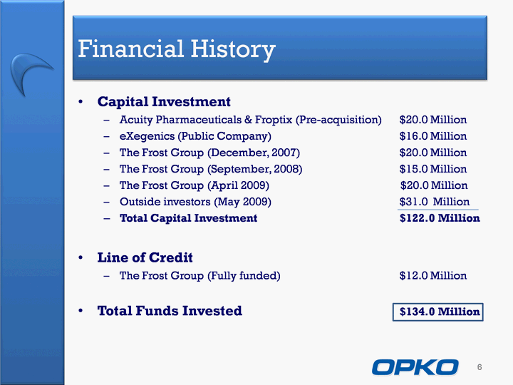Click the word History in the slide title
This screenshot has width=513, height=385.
[233, 49]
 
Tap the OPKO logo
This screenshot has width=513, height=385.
[415, 367]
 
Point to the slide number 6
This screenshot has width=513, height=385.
[480, 367]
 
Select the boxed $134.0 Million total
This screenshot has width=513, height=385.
[437, 312]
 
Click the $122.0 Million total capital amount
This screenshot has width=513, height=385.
[440, 218]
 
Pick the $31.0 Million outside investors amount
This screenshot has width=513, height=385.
[434, 202]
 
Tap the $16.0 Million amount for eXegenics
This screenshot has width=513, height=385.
[433, 136]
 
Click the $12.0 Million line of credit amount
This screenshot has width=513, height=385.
[433, 276]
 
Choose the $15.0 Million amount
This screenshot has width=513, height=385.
[433, 169]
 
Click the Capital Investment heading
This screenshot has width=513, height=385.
[164, 102]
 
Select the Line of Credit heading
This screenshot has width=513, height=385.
[145, 257]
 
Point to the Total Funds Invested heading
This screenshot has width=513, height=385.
[170, 311]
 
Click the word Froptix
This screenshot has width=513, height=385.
[274, 120]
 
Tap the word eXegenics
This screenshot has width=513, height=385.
[147, 136]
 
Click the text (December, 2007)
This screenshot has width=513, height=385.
[254, 153]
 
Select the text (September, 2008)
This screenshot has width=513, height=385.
[254, 169]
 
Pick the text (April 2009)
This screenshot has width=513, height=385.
[238, 185]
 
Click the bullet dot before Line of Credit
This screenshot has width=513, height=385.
[81, 258]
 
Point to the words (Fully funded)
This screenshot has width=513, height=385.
[244, 276]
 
